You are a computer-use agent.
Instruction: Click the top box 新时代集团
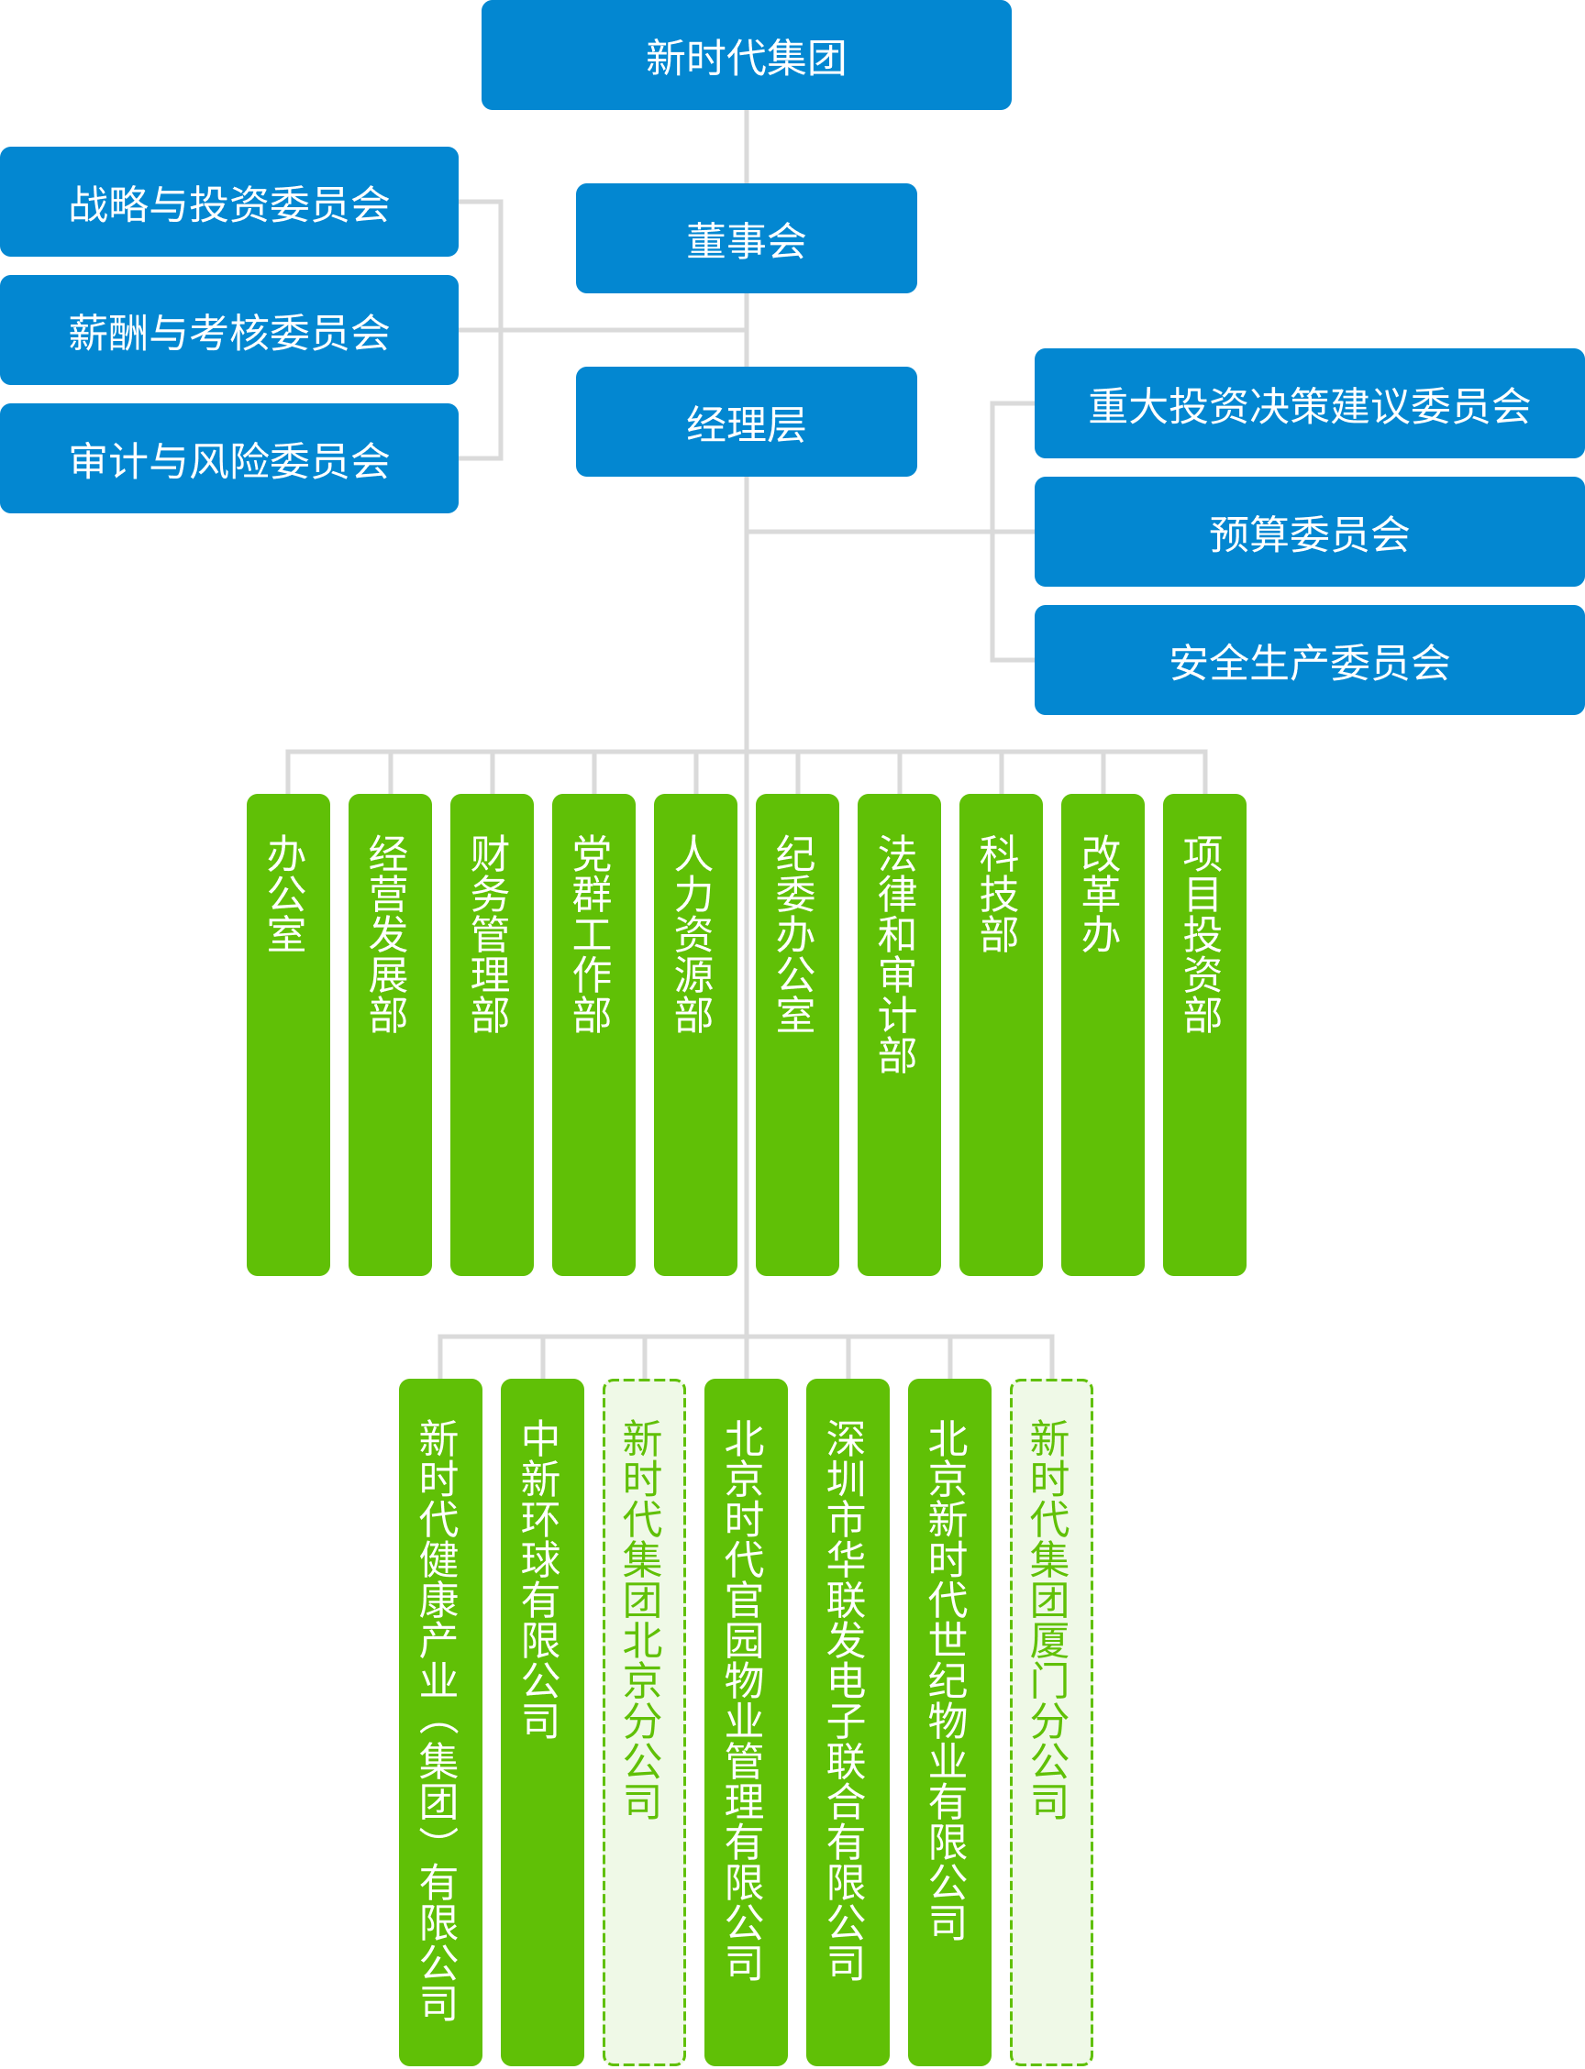(x=746, y=56)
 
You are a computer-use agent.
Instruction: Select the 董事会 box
(x=746, y=238)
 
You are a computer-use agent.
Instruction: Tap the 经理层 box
(x=746, y=422)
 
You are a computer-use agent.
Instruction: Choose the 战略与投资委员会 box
(x=229, y=202)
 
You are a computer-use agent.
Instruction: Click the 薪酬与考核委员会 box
(x=229, y=330)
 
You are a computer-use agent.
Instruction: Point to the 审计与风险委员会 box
(x=229, y=459)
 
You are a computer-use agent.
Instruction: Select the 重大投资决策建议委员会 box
(x=1309, y=403)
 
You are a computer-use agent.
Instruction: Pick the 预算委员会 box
(x=1309, y=532)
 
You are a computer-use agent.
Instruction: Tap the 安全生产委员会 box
(x=1309, y=660)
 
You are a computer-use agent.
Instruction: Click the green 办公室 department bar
(x=288, y=1034)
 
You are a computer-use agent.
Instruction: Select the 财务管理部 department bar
(x=492, y=1034)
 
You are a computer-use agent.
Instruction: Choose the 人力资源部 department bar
(x=695, y=1034)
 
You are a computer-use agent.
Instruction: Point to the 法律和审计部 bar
(x=899, y=1034)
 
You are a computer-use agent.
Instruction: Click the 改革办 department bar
(x=1103, y=1034)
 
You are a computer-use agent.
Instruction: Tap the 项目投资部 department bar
(x=1204, y=1034)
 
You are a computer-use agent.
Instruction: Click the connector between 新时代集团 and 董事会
(x=747, y=146)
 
